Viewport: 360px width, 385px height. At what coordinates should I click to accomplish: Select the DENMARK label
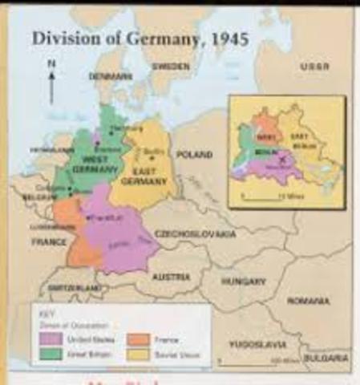coord(111,76)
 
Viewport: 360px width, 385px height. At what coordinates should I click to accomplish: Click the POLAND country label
coord(194,153)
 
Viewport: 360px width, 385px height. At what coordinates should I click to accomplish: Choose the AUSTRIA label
coord(172,276)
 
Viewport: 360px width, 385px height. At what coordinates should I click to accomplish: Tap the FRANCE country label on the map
coord(49,241)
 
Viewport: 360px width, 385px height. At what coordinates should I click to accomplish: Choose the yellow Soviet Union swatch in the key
coord(136,354)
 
